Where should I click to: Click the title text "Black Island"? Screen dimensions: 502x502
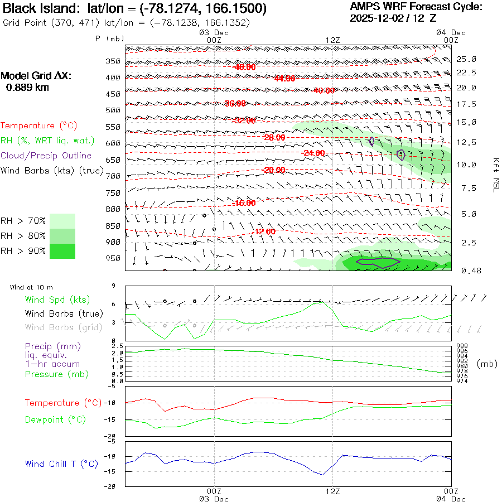click(38, 9)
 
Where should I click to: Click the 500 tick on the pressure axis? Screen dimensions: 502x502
click(113, 110)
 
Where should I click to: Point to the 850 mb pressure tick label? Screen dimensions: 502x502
click(113, 226)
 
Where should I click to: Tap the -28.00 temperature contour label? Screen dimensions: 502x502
click(273, 137)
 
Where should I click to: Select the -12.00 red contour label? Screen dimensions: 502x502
click(263, 231)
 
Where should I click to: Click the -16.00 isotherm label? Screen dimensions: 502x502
click(244, 203)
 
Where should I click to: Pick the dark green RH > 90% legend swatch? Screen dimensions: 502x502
click(62, 251)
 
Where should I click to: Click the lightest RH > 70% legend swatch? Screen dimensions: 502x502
click(62, 221)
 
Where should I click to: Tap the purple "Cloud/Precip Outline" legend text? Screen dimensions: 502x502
click(46, 156)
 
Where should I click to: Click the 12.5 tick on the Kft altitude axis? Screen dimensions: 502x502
click(466, 142)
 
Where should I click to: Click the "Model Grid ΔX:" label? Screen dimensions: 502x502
click(36, 76)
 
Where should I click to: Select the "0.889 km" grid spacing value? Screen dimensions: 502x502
click(27, 88)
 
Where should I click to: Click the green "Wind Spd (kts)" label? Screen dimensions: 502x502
click(57, 300)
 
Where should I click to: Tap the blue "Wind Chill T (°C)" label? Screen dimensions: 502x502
click(61, 464)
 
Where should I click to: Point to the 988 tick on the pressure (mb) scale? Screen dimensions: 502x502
click(462, 346)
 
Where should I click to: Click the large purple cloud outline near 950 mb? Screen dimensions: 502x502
click(378, 262)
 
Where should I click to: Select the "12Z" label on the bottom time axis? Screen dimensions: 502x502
click(332, 491)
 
